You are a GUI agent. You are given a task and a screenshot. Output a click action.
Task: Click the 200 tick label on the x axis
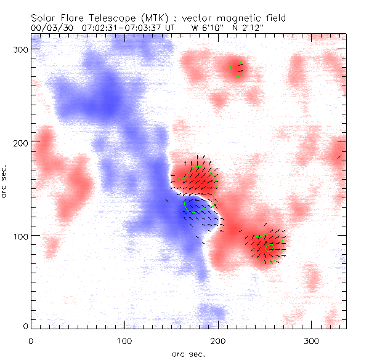[x=217, y=340]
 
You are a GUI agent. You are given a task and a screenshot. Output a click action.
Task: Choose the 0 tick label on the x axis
[x=31, y=340]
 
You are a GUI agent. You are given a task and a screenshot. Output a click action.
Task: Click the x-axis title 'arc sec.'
[x=187, y=354]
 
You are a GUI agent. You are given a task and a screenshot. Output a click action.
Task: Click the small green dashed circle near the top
[x=237, y=68]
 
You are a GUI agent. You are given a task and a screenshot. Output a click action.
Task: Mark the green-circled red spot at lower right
[x=267, y=247]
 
